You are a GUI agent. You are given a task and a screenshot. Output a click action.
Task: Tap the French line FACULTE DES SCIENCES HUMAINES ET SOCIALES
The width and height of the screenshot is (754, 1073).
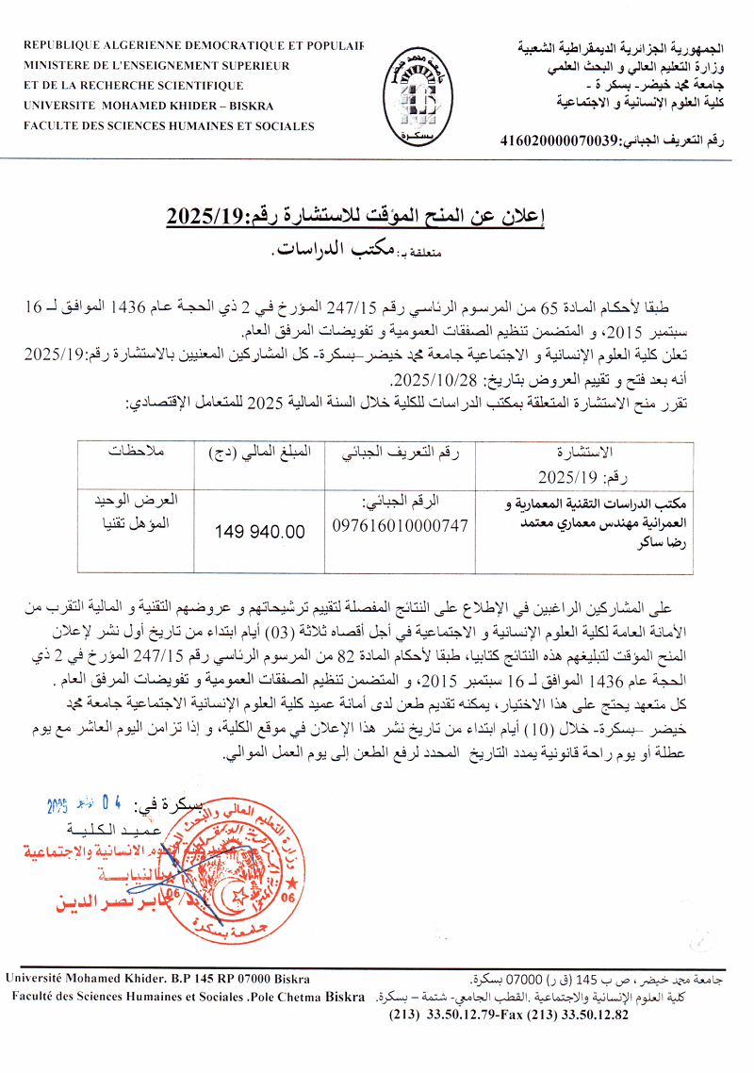pyautogui.click(x=170, y=124)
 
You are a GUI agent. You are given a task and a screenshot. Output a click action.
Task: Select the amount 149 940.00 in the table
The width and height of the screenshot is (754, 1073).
pyautogui.click(x=260, y=532)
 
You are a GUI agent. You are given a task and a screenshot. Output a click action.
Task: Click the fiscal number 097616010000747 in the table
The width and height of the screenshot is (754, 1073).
pyautogui.click(x=401, y=525)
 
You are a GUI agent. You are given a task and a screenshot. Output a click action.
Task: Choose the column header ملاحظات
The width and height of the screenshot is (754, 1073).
pyautogui.click(x=134, y=451)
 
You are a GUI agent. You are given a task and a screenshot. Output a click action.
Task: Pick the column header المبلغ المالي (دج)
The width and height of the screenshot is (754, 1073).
pyautogui.click(x=259, y=451)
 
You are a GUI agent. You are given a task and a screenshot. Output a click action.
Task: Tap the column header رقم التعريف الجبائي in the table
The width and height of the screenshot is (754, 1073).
pyautogui.click(x=401, y=451)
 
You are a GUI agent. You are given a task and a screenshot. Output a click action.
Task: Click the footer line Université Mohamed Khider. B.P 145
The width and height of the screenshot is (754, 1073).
pyautogui.click(x=157, y=980)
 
